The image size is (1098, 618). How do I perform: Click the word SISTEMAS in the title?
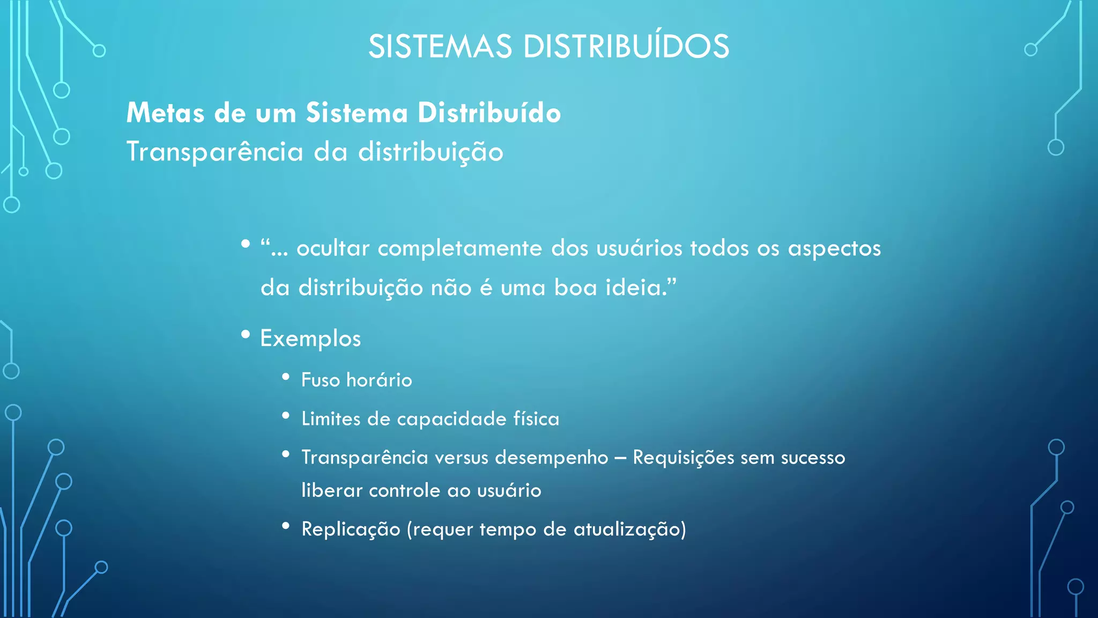(x=440, y=47)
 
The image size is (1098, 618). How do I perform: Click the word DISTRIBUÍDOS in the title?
(x=626, y=47)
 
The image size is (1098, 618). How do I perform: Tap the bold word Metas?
(x=165, y=113)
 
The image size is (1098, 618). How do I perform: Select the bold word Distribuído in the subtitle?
(x=489, y=113)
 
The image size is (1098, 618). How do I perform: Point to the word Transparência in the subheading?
(x=214, y=152)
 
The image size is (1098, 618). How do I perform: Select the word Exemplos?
(x=310, y=339)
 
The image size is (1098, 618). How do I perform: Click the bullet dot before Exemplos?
(x=246, y=335)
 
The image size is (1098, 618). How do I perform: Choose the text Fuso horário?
(x=357, y=380)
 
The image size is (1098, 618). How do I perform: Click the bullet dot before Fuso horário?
(x=286, y=377)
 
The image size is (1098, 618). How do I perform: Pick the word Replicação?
(x=351, y=529)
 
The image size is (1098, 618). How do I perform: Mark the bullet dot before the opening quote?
(x=246, y=245)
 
